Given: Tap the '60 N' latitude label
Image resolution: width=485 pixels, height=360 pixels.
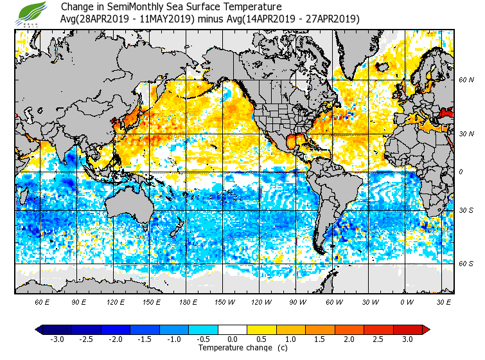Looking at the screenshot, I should (x=466, y=80).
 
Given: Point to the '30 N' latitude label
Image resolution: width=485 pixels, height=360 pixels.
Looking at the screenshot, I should (x=466, y=133).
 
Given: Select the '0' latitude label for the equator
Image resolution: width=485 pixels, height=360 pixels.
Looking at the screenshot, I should (x=461, y=172).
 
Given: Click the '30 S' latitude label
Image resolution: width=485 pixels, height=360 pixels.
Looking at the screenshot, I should (x=466, y=210).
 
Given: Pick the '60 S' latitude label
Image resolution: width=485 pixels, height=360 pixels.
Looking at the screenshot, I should (x=466, y=264).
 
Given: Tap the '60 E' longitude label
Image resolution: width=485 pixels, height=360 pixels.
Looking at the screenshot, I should (x=42, y=301).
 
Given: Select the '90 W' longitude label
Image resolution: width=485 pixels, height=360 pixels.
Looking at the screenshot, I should (x=297, y=301).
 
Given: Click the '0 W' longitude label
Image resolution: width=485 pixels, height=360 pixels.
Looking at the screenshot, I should (x=407, y=301).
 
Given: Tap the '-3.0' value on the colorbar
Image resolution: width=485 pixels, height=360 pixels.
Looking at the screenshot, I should (x=57, y=339).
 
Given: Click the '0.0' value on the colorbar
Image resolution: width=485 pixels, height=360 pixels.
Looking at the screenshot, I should (x=233, y=339).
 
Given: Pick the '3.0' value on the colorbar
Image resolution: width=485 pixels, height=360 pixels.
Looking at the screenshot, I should (x=407, y=339).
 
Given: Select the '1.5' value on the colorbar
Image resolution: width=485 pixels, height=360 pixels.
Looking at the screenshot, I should (x=321, y=339).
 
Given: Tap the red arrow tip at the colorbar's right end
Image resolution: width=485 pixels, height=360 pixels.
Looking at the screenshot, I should (x=426, y=329).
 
